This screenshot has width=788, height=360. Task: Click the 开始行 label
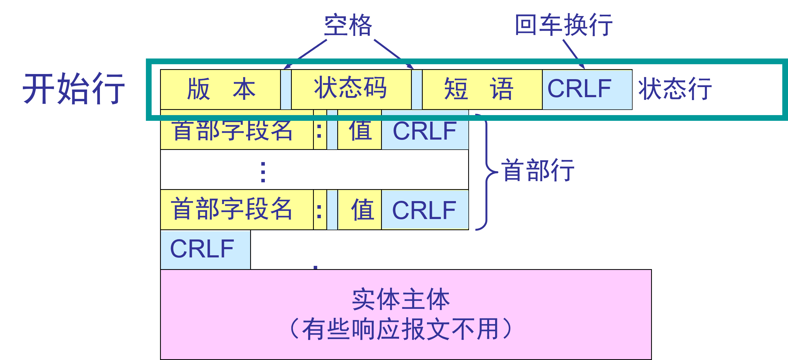point(74,89)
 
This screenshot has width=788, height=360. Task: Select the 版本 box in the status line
point(220,89)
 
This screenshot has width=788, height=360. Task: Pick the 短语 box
point(482,89)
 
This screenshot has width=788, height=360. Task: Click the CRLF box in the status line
point(587,89)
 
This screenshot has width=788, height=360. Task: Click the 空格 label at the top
point(348,25)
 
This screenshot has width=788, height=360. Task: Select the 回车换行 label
point(563,25)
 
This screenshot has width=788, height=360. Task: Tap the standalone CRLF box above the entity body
point(205,250)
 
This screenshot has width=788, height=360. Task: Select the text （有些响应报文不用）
point(401,329)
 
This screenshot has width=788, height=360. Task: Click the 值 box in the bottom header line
point(360,210)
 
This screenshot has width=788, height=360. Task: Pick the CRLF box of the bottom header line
point(425,210)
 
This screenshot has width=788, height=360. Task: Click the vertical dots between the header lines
point(263,172)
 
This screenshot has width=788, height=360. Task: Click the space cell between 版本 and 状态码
point(286,89)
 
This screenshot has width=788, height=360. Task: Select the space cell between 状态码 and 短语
point(417,89)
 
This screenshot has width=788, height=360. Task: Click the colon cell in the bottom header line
point(320,210)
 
